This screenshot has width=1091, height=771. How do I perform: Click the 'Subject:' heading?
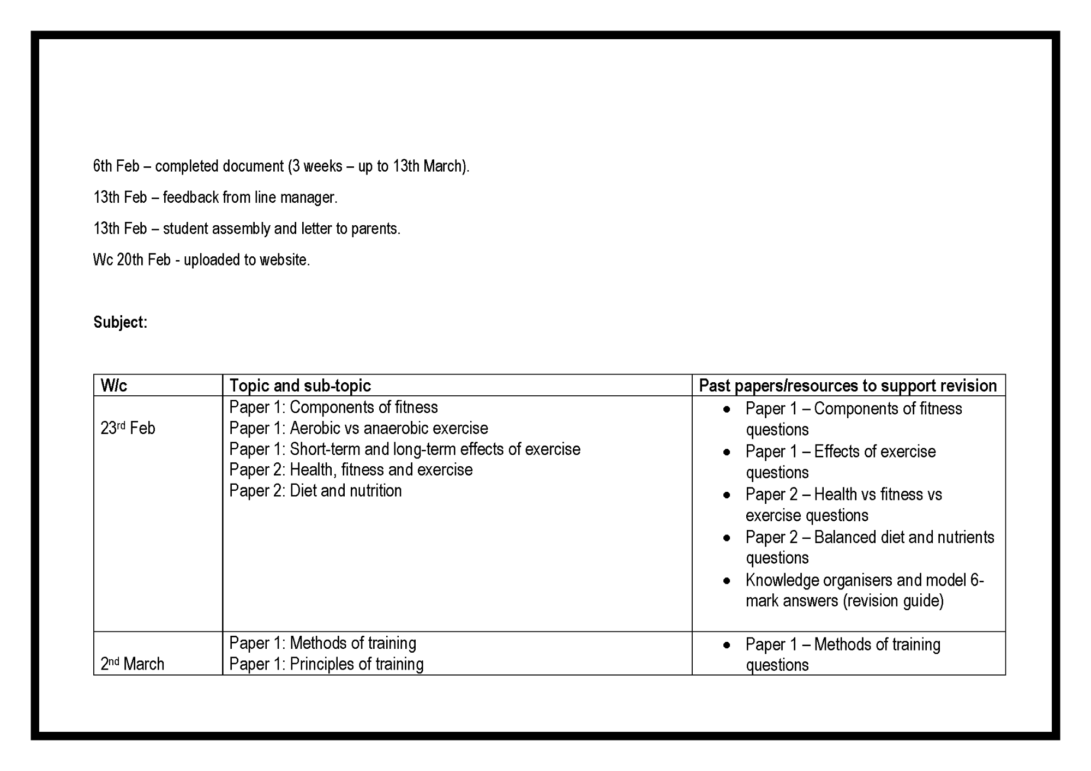pyautogui.click(x=120, y=322)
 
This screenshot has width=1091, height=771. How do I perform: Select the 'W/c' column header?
pyautogui.click(x=113, y=385)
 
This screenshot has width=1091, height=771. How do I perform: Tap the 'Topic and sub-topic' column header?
pyautogui.click(x=300, y=385)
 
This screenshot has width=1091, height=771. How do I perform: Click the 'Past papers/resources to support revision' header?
pyautogui.click(x=848, y=385)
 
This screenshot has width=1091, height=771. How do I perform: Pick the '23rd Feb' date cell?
pyautogui.click(x=128, y=428)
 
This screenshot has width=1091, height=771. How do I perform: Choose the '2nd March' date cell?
pyautogui.click(x=132, y=664)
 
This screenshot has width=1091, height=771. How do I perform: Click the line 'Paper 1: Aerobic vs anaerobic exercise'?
pyautogui.click(x=358, y=428)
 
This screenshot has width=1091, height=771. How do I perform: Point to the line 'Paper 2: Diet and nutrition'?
pyautogui.click(x=315, y=490)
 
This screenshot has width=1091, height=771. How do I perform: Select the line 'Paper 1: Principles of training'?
pyautogui.click(x=326, y=664)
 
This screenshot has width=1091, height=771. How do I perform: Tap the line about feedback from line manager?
pyautogui.click(x=215, y=197)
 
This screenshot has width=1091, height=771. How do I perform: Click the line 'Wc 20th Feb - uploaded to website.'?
pyautogui.click(x=201, y=260)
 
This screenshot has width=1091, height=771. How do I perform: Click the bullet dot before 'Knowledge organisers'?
pyautogui.click(x=727, y=581)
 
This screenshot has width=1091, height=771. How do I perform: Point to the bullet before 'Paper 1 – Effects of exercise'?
pyautogui.click(x=727, y=452)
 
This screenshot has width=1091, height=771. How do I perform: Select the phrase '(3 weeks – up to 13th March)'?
pyautogui.click(x=378, y=166)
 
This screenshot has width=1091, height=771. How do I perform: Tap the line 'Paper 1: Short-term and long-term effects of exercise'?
pyautogui.click(x=405, y=449)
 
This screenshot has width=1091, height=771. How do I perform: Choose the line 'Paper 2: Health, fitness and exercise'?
pyautogui.click(x=351, y=469)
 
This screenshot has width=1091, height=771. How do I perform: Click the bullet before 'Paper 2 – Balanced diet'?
pyautogui.click(x=727, y=538)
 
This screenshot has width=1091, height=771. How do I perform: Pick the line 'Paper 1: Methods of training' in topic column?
pyautogui.click(x=322, y=643)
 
